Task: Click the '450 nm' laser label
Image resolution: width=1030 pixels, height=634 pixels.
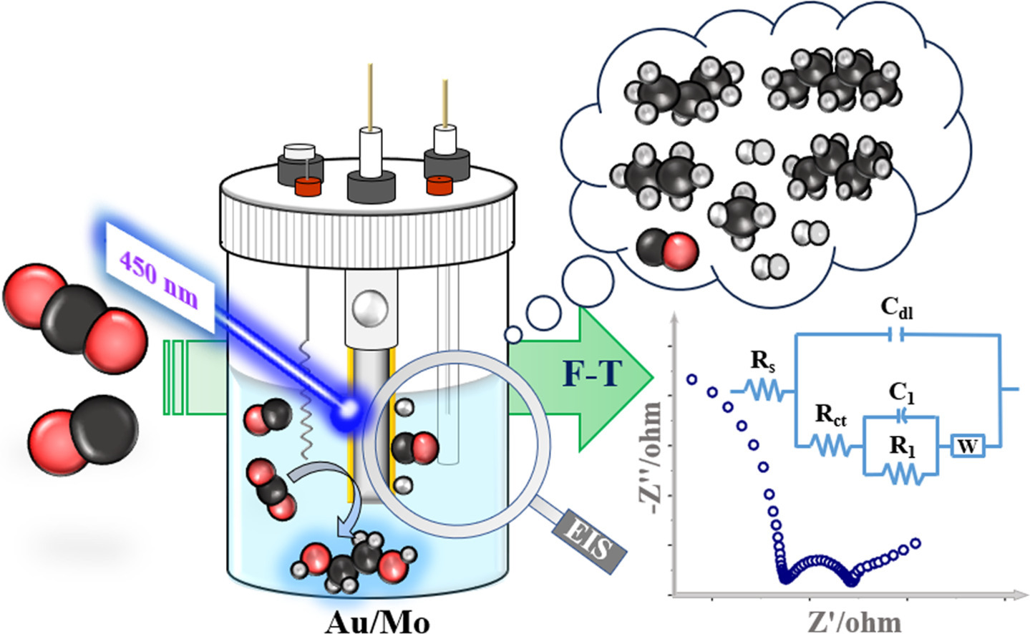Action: click(x=159, y=280)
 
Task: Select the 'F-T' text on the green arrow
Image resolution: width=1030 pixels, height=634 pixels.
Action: click(x=593, y=374)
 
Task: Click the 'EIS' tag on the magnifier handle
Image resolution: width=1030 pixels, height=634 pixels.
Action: click(x=589, y=542)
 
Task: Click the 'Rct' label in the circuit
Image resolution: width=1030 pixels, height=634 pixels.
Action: click(x=830, y=415)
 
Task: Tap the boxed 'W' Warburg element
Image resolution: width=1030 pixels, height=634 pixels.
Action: click(x=968, y=446)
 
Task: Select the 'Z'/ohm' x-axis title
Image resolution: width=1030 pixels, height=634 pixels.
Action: click(x=854, y=623)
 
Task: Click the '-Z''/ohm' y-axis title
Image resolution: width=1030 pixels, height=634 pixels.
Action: click(x=650, y=458)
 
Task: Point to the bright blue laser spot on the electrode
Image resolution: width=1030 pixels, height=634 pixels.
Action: click(x=348, y=409)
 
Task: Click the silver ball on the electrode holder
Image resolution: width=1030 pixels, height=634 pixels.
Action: click(x=370, y=308)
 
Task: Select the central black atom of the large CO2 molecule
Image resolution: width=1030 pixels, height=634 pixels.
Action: click(x=74, y=313)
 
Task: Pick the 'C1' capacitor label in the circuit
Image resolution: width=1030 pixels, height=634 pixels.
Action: click(x=901, y=394)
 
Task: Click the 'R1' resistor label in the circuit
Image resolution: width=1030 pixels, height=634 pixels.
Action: click(x=902, y=446)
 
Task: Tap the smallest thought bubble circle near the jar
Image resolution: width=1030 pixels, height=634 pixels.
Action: click(x=513, y=335)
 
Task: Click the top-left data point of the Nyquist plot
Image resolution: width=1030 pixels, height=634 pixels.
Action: click(x=691, y=379)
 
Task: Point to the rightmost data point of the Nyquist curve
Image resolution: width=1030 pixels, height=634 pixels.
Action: click(x=915, y=543)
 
